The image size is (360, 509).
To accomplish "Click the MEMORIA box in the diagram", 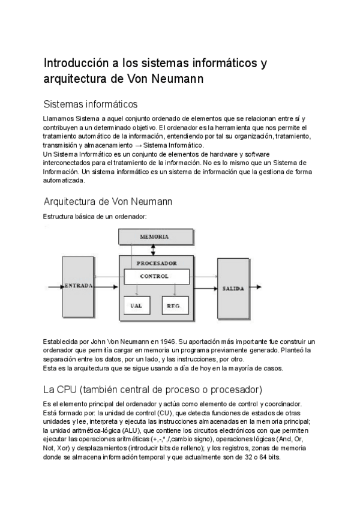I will [154, 236].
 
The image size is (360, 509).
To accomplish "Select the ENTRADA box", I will [78, 286].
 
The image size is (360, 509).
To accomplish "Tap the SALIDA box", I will [233, 288].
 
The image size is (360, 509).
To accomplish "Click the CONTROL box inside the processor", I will [156, 277].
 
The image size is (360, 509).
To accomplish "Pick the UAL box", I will [136, 306].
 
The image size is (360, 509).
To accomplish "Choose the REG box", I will [174, 306].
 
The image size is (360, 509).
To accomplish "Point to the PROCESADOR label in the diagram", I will [156, 263].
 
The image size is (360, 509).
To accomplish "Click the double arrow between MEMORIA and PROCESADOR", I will [154, 249].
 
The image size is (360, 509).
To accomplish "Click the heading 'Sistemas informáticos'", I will [91, 104].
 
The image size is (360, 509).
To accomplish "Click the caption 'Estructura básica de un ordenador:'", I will [95, 215].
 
